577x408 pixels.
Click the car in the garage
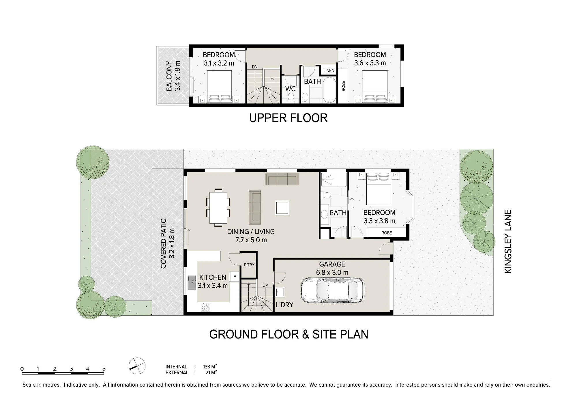(x=332, y=291)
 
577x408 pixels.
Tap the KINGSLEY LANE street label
(x=508, y=241)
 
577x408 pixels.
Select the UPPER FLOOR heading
(x=288, y=118)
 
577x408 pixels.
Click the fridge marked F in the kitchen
(x=235, y=277)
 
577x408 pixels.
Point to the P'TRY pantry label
(x=249, y=264)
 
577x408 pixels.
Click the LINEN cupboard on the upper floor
(x=329, y=70)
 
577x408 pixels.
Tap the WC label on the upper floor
(x=290, y=89)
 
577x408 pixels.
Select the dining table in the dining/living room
(x=218, y=207)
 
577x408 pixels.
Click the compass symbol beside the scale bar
(x=137, y=366)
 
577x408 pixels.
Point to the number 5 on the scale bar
(x=104, y=369)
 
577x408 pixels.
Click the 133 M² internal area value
(x=210, y=367)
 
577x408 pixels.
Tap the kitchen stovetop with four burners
(x=206, y=307)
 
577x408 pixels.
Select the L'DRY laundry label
(x=284, y=305)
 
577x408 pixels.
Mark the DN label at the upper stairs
(x=254, y=67)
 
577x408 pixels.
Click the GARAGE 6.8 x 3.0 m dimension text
(x=332, y=272)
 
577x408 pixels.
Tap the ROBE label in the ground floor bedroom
(x=387, y=233)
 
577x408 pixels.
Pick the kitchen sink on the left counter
(x=192, y=283)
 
